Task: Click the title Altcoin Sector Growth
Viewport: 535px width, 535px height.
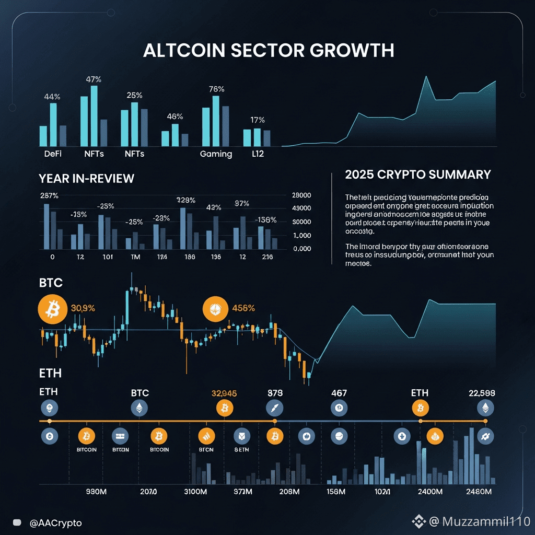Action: pyautogui.click(x=268, y=50)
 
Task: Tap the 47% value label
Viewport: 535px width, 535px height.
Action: pyautogui.click(x=94, y=79)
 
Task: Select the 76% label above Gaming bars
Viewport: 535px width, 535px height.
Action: pyautogui.click(x=216, y=89)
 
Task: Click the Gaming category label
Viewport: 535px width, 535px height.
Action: pyautogui.click(x=216, y=154)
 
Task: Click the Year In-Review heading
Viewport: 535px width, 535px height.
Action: pyautogui.click(x=86, y=179)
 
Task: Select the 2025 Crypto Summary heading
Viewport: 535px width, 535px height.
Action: pyautogui.click(x=418, y=175)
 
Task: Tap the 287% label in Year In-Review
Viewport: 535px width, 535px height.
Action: pyautogui.click(x=49, y=196)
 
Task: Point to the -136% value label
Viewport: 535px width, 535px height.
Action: pyautogui.click(x=266, y=220)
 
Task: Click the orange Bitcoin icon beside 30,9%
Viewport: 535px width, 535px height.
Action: pyautogui.click(x=52, y=311)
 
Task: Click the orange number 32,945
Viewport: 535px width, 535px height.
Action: pyautogui.click(x=224, y=393)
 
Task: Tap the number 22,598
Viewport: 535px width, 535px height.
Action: pyautogui.click(x=481, y=393)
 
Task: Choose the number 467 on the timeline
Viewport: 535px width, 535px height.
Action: pyautogui.click(x=339, y=393)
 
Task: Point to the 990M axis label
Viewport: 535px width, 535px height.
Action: pyautogui.click(x=96, y=492)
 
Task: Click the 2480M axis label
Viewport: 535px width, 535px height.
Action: pyautogui.click(x=478, y=492)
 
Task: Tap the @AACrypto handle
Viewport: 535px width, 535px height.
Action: pyautogui.click(x=55, y=522)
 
